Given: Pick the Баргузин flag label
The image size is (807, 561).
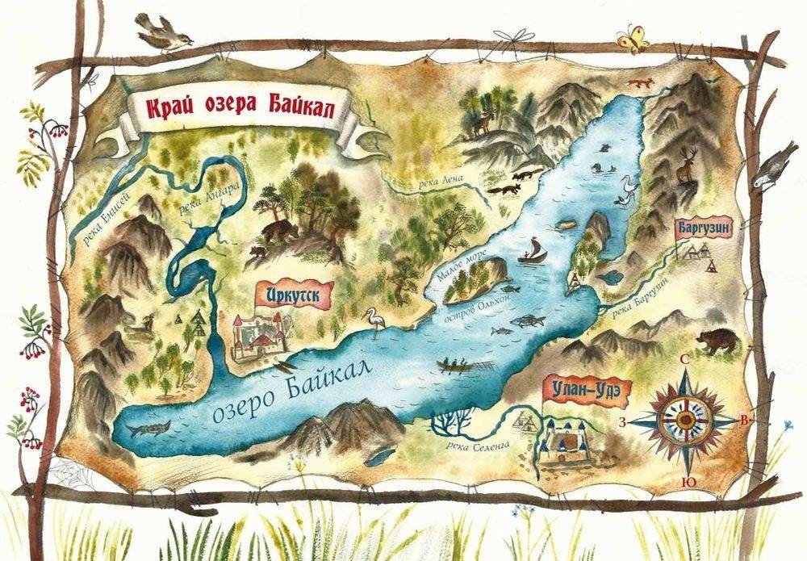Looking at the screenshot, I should pyautogui.click(x=704, y=228).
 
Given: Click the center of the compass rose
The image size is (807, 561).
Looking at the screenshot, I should pyautogui.click(x=686, y=419).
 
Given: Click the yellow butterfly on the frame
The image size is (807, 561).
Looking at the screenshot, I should pyautogui.click(x=632, y=39).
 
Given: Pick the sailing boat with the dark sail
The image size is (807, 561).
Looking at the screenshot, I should pyautogui.click(x=533, y=251).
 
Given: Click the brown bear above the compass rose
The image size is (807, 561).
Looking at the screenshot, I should pyautogui.click(x=717, y=341).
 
